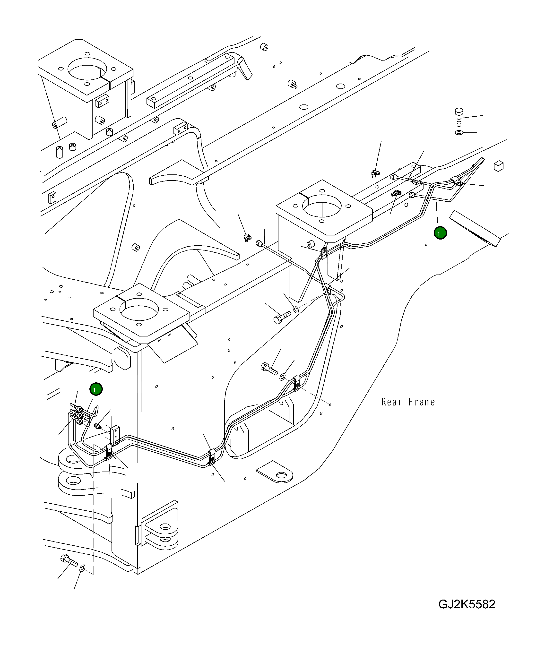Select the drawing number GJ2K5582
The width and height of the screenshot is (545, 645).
click(x=467, y=604)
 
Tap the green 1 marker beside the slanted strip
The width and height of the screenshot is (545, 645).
click(x=440, y=233)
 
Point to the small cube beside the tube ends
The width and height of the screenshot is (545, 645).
click(x=499, y=166)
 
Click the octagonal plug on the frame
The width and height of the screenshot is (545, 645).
click(x=122, y=358)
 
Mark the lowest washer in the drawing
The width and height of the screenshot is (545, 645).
click(x=83, y=568)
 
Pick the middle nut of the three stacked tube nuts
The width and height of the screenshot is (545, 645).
click(x=80, y=415)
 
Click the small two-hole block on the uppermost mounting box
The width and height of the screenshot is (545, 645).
click(x=102, y=101)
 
